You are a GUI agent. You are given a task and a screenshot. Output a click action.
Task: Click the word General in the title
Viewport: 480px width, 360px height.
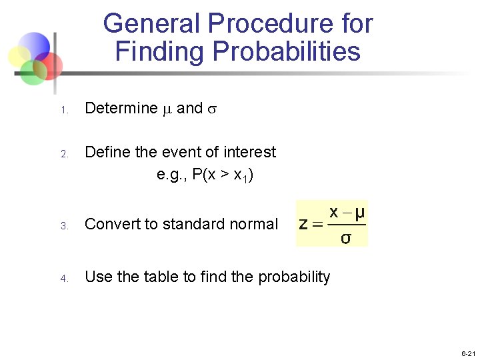152,24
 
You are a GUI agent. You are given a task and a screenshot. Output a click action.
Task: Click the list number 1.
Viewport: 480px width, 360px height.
65,110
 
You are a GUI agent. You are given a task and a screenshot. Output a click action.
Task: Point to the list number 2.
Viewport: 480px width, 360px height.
65,154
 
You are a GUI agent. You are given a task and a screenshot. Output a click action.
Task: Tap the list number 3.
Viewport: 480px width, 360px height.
65,226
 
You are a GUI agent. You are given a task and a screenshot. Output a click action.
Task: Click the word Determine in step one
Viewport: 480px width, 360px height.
121,109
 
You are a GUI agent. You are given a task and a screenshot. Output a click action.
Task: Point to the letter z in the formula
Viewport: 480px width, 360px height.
304,224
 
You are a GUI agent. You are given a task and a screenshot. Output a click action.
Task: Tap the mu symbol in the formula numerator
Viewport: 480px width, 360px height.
359,213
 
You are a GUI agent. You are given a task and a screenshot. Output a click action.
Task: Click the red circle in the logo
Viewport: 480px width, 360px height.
51,65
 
